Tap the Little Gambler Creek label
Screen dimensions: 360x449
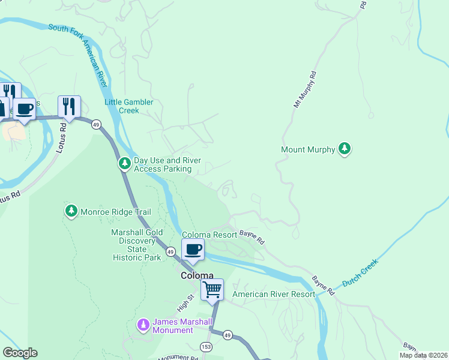[x=129, y=106]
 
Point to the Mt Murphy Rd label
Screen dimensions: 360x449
[x=304, y=91]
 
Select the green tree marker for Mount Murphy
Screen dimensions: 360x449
[x=344, y=149]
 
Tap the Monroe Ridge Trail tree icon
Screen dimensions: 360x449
[x=71, y=212]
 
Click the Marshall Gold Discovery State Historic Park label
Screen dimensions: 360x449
[x=136, y=245]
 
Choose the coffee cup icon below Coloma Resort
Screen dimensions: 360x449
[x=193, y=249]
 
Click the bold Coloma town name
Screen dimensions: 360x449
[x=197, y=275]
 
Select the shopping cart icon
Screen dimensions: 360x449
[x=212, y=289]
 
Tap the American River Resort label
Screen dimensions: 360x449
[x=273, y=294]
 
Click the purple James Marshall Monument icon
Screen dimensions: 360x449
[x=143, y=325]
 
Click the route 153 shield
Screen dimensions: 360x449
[x=206, y=347]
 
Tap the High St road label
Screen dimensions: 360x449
[x=185, y=305]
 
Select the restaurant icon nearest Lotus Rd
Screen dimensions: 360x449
[x=69, y=107]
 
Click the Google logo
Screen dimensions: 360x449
[x=20, y=353]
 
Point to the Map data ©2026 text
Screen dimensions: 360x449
[x=423, y=355]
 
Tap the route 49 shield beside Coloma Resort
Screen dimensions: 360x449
[x=170, y=251]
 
